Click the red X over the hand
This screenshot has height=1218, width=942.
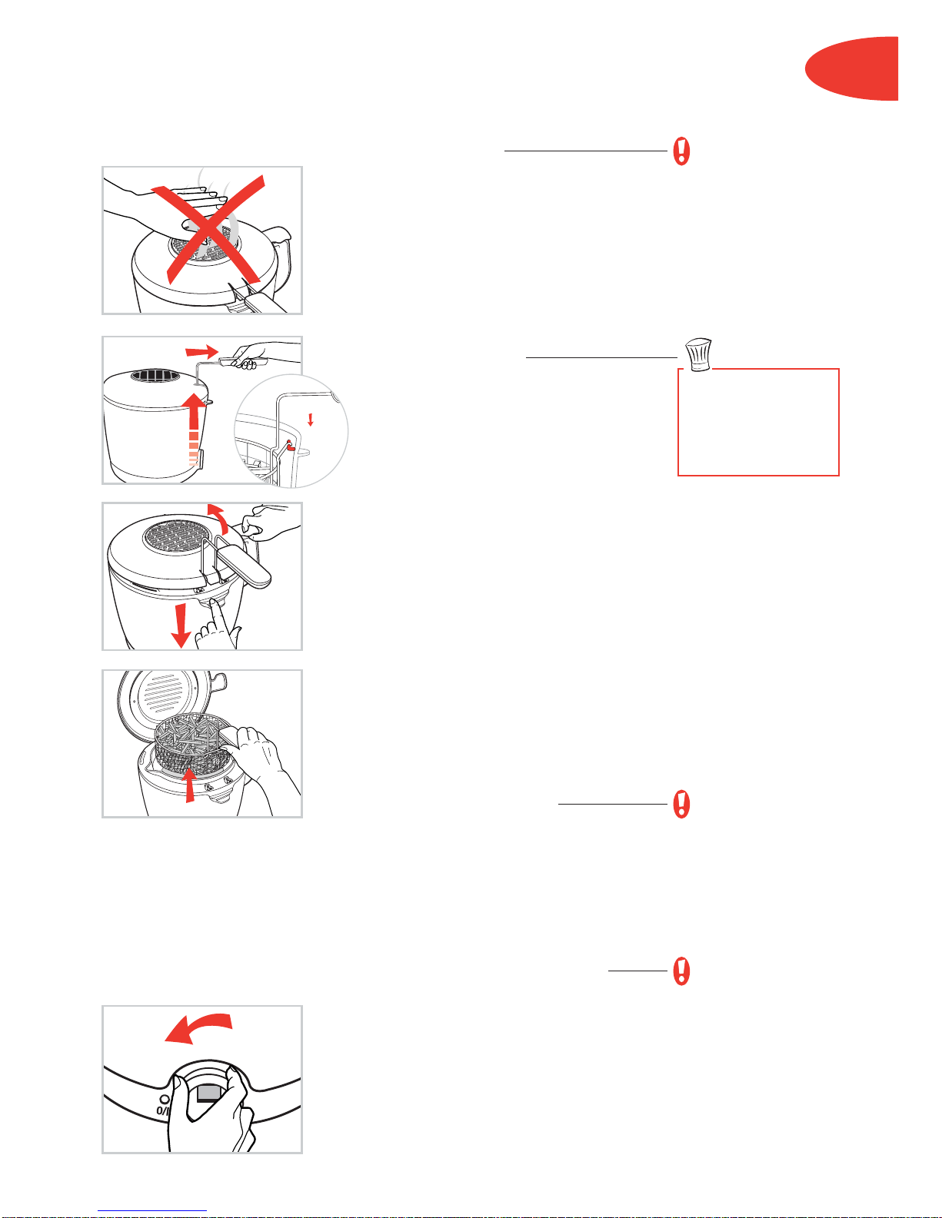tap(208, 230)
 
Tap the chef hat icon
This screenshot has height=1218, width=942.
tap(699, 354)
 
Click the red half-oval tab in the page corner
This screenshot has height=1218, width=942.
tap(852, 68)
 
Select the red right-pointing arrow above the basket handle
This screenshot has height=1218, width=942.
tap(201, 351)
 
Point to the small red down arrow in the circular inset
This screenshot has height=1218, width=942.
tap(310, 420)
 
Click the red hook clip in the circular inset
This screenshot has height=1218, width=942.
tap(290, 446)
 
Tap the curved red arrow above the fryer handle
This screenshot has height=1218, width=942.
tap(218, 517)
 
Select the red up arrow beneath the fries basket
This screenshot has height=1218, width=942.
tap(191, 784)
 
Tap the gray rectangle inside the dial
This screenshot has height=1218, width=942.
tap(209, 1093)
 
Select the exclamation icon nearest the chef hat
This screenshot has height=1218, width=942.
tap(681, 151)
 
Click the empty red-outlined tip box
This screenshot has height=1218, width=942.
tap(758, 422)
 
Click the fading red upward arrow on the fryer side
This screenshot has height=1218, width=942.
tap(194, 428)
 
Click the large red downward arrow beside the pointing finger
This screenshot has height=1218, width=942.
tap(181, 626)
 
